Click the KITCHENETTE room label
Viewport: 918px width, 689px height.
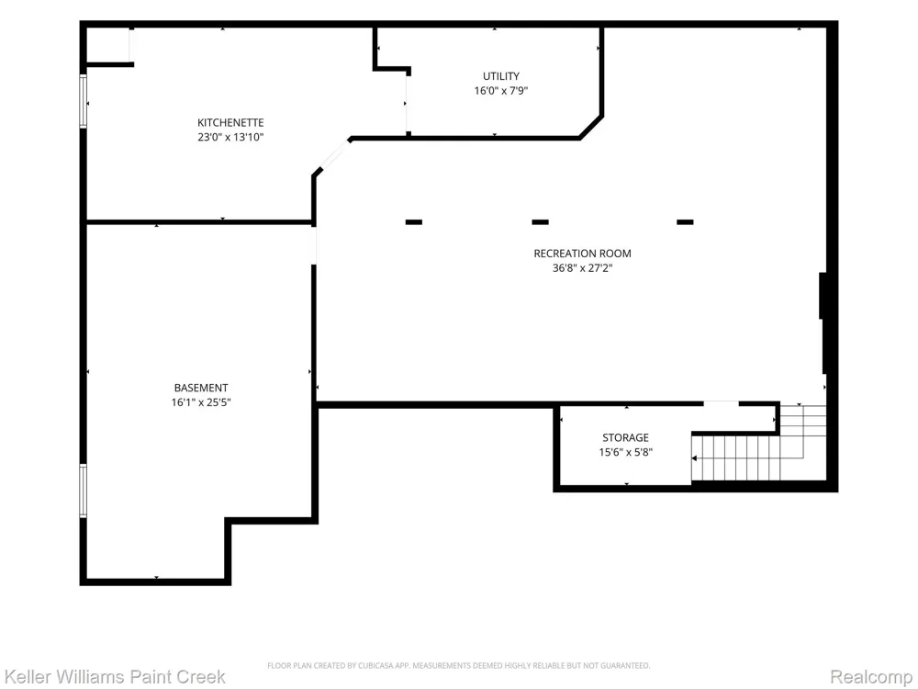tap(230, 122)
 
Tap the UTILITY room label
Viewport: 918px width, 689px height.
tap(501, 76)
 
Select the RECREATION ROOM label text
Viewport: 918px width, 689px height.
tap(583, 254)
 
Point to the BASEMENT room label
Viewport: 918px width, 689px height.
tap(201, 388)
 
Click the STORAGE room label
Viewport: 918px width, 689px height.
tap(625, 437)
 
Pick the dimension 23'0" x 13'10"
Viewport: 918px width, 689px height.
tap(230, 138)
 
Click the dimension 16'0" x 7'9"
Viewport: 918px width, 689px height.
tap(501, 91)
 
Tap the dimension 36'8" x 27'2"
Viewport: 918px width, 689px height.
tap(583, 268)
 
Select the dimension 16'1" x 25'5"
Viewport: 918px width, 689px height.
tap(201, 402)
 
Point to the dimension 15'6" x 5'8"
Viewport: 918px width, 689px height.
tap(625, 452)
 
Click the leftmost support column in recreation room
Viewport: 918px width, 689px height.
tap(414, 222)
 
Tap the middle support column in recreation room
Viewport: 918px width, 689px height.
tap(541, 222)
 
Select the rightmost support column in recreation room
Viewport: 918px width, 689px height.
tap(685, 222)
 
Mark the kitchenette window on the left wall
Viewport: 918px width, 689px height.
tap(84, 101)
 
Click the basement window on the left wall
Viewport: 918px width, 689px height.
tap(84, 491)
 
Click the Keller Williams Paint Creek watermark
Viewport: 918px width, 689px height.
tap(115, 677)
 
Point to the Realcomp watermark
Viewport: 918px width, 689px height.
tap(871, 677)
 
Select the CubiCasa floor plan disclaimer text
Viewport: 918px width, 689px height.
tap(458, 665)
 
